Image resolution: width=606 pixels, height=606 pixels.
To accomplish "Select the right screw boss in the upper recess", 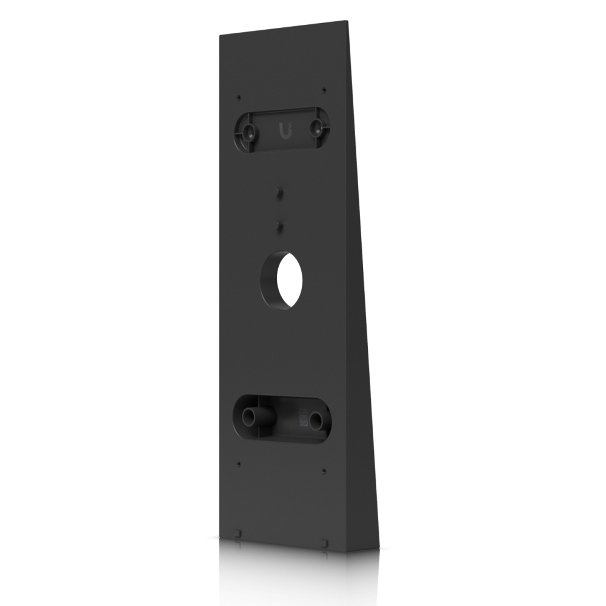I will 317,127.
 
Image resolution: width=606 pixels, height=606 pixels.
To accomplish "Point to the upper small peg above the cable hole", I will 279,192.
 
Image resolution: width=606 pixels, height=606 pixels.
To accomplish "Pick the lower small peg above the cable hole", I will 279,225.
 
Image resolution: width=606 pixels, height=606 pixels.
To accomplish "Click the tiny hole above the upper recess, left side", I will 240,96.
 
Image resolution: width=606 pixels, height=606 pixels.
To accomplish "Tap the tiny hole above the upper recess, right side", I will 324,90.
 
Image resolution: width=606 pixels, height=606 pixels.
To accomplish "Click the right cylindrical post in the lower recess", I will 316,419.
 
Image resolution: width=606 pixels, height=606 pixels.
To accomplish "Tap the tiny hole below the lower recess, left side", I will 239,464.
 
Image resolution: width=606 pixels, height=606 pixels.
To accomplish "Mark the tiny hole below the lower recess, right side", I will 324,470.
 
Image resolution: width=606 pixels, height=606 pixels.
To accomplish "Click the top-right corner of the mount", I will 348,22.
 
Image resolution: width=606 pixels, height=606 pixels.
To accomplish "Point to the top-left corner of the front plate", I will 219,34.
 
